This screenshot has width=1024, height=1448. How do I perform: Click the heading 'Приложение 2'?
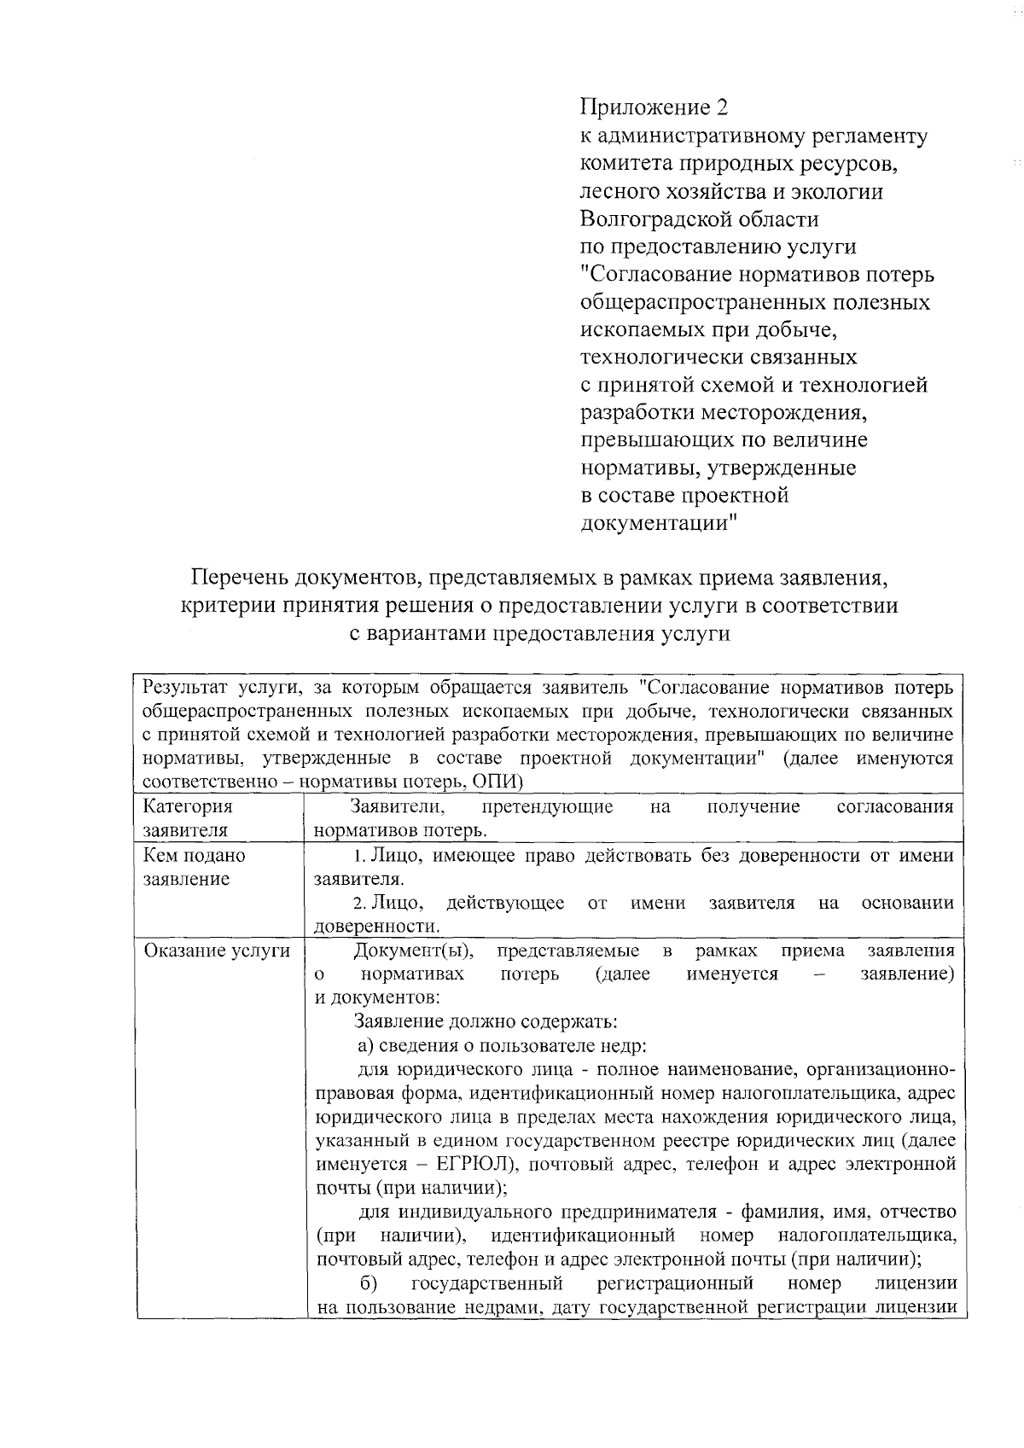click(654, 108)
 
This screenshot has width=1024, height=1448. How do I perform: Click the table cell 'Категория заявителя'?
click(187, 817)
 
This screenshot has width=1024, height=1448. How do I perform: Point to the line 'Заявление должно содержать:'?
click(485, 1021)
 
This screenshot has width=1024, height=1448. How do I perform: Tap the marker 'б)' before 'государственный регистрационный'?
click(368, 1283)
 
